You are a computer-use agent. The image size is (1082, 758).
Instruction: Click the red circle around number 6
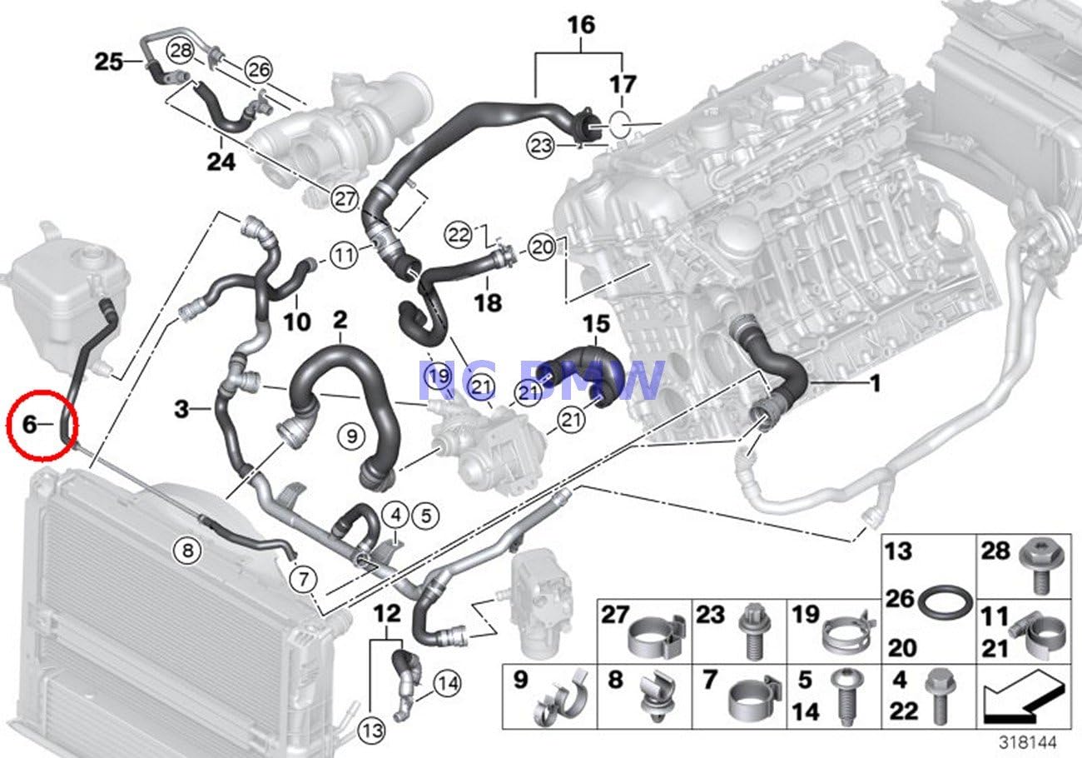[44, 426]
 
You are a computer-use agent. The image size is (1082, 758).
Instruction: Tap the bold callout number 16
[582, 25]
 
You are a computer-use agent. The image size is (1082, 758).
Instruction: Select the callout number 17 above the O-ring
[623, 84]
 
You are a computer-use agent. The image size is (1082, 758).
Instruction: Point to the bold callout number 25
[107, 62]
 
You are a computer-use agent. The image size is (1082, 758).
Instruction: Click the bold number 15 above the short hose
[596, 323]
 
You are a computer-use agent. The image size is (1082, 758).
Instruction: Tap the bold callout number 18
[489, 302]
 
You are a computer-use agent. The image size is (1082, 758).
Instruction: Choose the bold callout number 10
[296, 321]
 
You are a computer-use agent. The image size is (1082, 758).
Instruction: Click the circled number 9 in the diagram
[351, 434]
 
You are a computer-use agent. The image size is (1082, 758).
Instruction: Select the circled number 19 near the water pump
[439, 378]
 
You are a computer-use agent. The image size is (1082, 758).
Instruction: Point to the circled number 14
[446, 685]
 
